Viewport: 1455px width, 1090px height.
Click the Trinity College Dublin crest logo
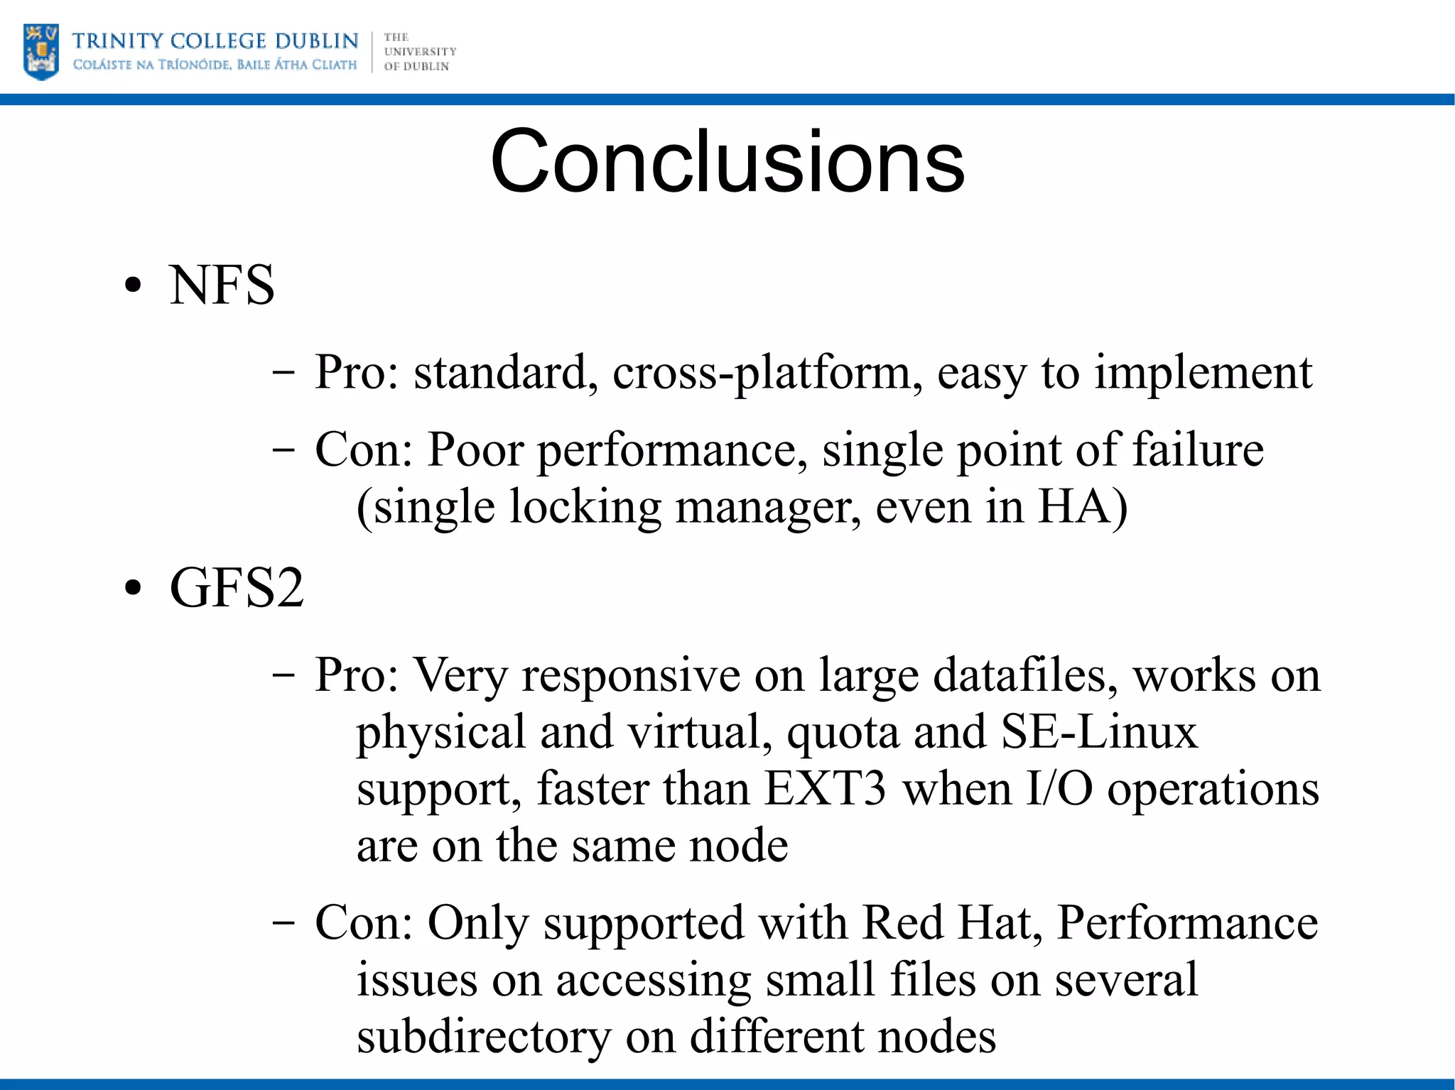tap(41, 52)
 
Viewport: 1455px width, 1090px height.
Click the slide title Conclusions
tap(727, 161)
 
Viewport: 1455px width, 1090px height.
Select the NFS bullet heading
tap(222, 285)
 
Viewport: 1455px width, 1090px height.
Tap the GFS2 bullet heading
tap(237, 588)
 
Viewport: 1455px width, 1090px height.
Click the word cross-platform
tap(762, 373)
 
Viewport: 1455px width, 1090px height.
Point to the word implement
tap(1203, 373)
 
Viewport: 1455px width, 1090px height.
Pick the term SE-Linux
tap(1099, 731)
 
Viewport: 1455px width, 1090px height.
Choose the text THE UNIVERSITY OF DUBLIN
tap(419, 52)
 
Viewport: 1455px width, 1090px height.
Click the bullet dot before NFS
tap(133, 286)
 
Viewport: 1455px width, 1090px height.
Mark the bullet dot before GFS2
tap(133, 589)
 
